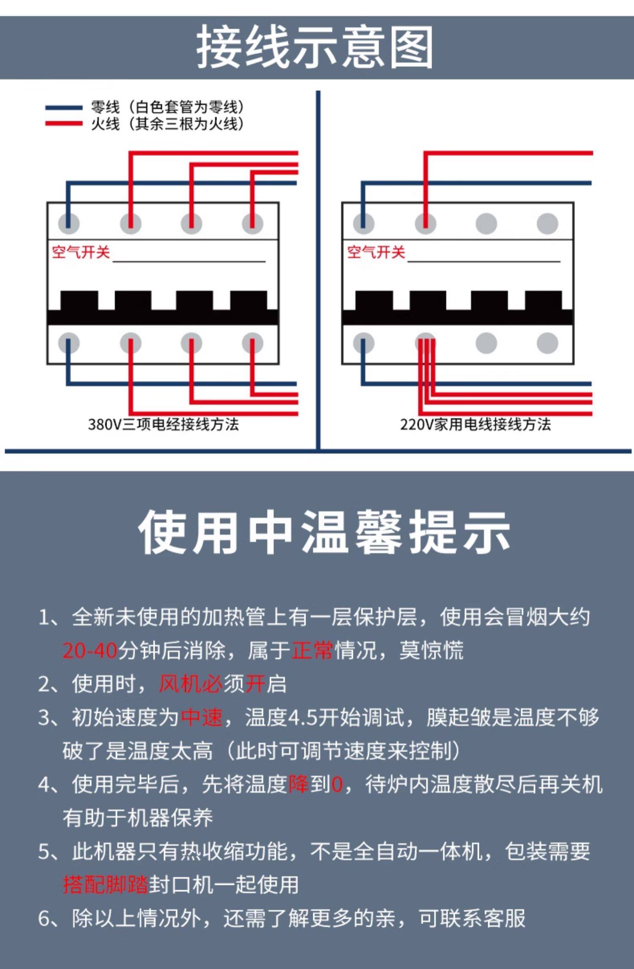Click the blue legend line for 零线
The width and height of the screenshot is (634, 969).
63,108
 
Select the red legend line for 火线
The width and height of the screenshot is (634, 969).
63,123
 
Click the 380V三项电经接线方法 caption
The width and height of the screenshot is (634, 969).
163,424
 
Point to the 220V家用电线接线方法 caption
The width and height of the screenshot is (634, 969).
475,424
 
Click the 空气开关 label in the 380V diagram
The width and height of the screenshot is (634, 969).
81,252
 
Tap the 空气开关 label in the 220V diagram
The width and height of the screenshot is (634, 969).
376,252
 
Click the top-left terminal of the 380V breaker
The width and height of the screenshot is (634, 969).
68,223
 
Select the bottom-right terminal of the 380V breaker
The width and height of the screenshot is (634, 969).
252,343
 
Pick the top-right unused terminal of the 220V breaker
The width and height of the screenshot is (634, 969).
547,223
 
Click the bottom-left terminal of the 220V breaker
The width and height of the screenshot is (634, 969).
363,343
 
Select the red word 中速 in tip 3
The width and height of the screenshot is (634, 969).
202,717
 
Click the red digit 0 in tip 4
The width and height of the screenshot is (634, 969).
337,785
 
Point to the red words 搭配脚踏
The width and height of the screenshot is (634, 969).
105,885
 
